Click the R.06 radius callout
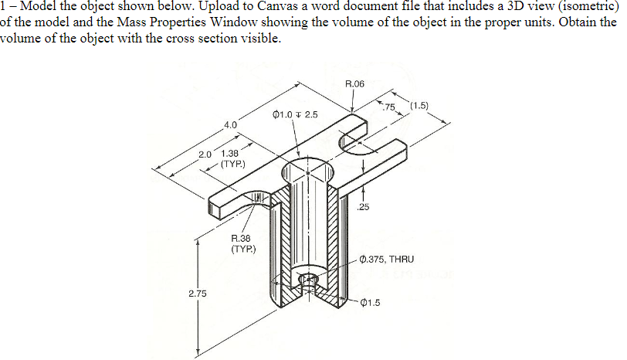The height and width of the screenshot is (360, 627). tap(355, 82)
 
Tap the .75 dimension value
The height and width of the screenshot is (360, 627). tap(389, 106)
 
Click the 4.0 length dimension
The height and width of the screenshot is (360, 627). tap(230, 124)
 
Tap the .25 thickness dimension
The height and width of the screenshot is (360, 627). tap(364, 206)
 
